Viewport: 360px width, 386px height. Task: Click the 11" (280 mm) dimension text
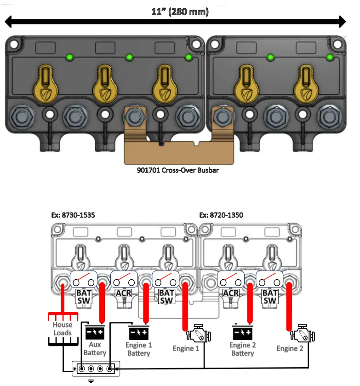pyautogui.click(x=180, y=12)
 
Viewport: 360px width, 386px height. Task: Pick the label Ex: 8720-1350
pyautogui.click(x=221, y=214)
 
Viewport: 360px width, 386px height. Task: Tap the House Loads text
pyautogui.click(x=63, y=328)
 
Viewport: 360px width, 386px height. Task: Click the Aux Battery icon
pyautogui.click(x=95, y=332)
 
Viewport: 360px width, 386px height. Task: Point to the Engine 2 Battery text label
pyautogui.click(x=242, y=349)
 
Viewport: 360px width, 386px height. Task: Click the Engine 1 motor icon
pyautogui.click(x=199, y=332)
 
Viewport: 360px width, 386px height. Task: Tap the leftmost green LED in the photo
pyautogui.click(x=70, y=57)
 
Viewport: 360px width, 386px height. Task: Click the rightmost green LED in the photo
pyautogui.click(x=329, y=57)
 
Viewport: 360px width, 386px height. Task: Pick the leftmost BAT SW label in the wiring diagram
pyautogui.click(x=84, y=297)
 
